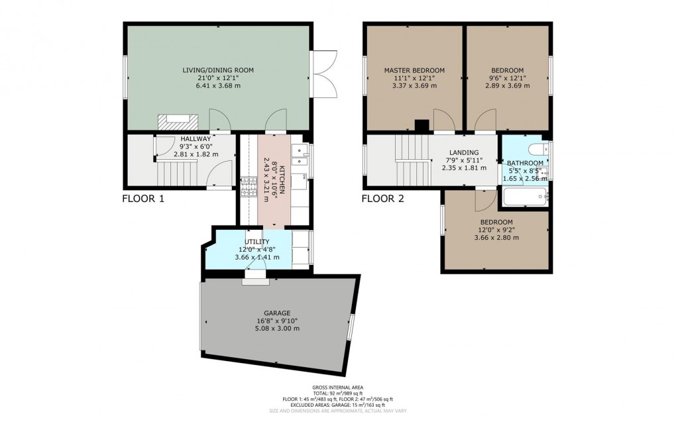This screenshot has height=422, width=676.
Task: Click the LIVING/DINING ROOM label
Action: click(x=218, y=70)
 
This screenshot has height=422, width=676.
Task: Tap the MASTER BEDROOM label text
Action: click(x=414, y=70)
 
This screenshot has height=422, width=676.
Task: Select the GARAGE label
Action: click(x=278, y=313)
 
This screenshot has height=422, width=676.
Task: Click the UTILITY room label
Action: click(x=257, y=242)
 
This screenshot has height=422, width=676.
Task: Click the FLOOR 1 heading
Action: click(x=142, y=199)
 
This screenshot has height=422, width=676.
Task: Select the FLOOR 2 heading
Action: click(x=382, y=199)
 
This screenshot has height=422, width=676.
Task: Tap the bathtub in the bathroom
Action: click(x=525, y=197)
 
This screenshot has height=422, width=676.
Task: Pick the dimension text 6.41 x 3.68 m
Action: click(x=218, y=85)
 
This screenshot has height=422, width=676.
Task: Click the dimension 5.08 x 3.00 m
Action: click(x=278, y=329)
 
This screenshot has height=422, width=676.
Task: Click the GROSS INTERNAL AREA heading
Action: click(x=338, y=387)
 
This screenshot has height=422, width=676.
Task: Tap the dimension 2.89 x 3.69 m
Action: click(x=507, y=85)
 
